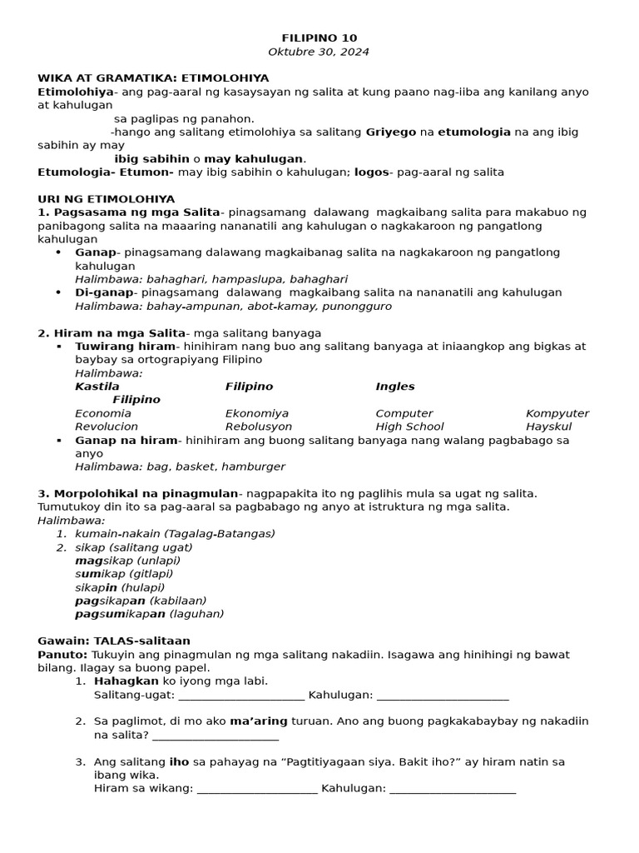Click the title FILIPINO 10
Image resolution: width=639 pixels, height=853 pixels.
tap(319, 37)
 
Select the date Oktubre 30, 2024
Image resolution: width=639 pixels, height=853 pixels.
tap(319, 52)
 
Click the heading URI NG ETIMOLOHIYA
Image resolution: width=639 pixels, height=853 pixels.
tap(106, 199)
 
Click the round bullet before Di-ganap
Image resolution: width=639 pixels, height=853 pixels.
tap(58, 292)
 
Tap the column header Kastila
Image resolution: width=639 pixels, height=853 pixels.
tap(97, 387)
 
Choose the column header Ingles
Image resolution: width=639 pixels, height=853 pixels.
tap(394, 387)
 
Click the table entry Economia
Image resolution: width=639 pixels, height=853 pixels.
tap(103, 413)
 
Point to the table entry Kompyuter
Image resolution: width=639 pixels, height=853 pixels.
tap(557, 413)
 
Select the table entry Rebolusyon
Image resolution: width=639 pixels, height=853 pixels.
tap(258, 426)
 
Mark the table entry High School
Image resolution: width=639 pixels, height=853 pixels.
tap(409, 426)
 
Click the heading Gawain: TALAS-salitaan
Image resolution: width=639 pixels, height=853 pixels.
tap(114, 641)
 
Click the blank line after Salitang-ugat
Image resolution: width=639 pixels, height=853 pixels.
tap(241, 695)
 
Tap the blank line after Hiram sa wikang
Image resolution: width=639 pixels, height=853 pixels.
tap(257, 788)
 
